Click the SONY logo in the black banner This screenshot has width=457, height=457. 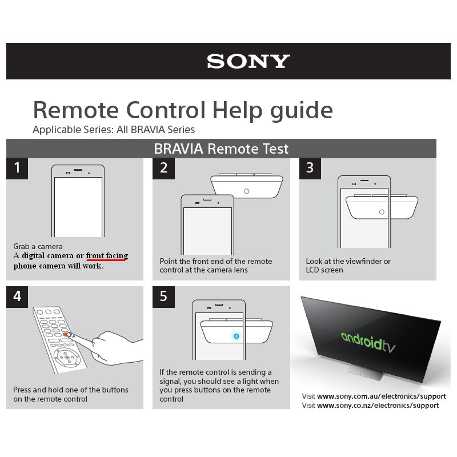[x=248, y=62]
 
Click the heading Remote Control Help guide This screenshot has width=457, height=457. [x=183, y=109]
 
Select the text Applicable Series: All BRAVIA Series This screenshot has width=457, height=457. [x=114, y=130]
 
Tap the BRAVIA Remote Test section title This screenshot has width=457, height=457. [x=221, y=149]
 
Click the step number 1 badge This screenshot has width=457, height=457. [x=17, y=168]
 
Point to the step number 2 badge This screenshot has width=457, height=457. [x=163, y=168]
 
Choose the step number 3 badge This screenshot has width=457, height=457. [x=310, y=168]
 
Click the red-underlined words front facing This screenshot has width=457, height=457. [x=107, y=255]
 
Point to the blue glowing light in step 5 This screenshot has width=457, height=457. [x=236, y=336]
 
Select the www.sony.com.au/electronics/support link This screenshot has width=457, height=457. [x=382, y=396]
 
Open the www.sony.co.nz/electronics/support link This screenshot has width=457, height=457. [x=378, y=405]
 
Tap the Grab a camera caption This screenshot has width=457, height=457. [x=38, y=247]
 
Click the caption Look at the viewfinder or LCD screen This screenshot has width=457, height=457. [x=348, y=266]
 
